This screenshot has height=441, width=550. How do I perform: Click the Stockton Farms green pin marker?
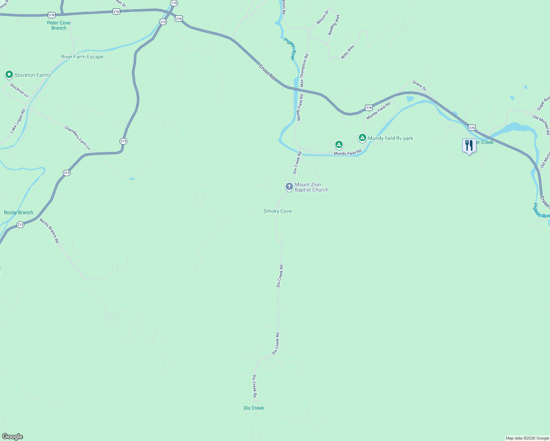coord(9,75)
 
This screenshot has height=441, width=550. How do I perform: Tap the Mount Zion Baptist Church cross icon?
coord(289,187)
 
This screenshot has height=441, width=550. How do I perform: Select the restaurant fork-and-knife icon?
coord(469,146)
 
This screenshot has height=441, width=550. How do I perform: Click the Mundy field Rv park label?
coord(390,139)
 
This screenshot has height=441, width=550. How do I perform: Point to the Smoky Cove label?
coord(278,211)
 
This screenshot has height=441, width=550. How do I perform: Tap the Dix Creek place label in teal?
coord(254,408)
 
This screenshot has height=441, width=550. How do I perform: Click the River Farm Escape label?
coord(82,57)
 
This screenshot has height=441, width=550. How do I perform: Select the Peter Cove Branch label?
coord(59,25)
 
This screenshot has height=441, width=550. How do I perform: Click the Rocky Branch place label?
coord(18,213)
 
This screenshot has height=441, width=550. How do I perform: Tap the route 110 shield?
coord(174,3)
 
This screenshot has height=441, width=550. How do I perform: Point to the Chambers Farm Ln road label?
coord(77,138)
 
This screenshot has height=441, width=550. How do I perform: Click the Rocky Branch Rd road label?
coord(49,231)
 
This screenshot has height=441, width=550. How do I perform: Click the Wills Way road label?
coord(347,52)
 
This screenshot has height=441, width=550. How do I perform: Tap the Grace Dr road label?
coord(419,86)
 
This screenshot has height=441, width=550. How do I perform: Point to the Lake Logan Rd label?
coord(18,121)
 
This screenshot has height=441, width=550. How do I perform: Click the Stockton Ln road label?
coord(19,90)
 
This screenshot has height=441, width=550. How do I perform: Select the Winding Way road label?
coord(334,25)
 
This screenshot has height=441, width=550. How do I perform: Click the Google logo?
coord(12,437)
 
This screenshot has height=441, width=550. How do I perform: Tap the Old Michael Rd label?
coord(541,125)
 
